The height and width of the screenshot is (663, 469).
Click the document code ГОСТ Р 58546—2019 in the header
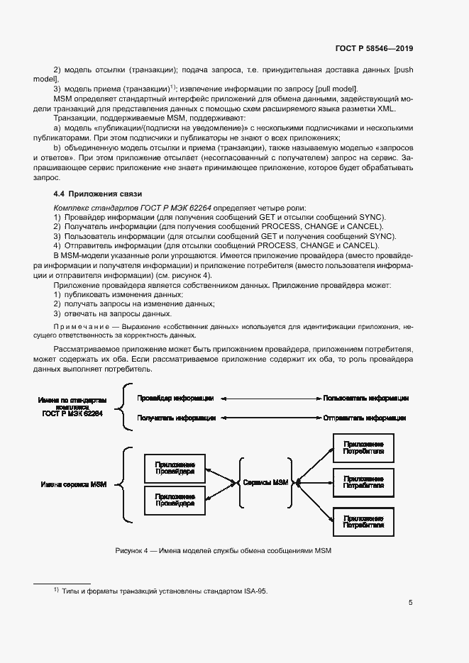point(374,48)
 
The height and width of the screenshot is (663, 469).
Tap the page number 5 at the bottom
point(411,603)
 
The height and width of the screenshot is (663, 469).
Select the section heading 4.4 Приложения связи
point(99,194)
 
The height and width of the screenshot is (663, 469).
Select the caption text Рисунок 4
point(136,551)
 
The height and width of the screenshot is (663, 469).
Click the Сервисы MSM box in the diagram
point(266,483)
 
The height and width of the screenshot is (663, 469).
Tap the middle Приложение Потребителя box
point(363,483)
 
